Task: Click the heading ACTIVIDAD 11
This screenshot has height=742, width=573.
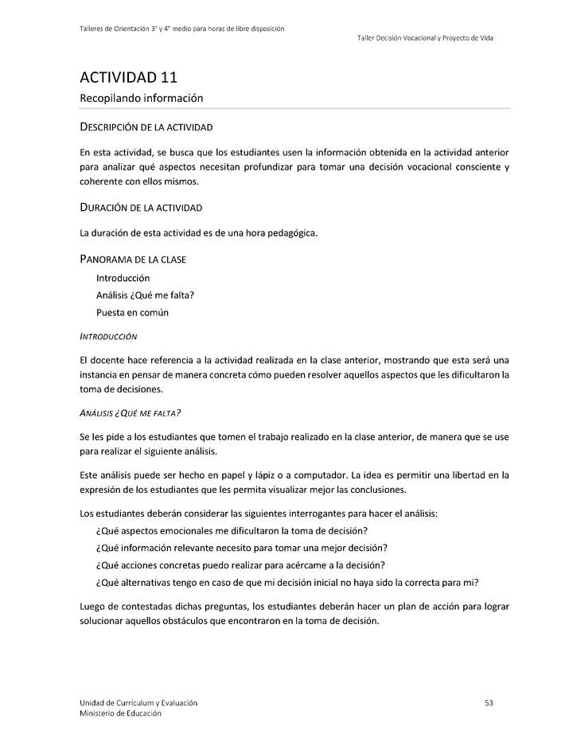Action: click(x=128, y=77)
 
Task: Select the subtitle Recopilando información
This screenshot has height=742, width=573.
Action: click(x=141, y=98)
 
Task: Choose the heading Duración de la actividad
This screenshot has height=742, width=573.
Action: click(x=141, y=208)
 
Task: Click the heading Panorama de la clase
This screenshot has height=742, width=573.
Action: click(x=133, y=260)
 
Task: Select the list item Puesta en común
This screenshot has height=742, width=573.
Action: click(x=132, y=312)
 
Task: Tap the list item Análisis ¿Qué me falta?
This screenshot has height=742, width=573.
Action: click(x=145, y=295)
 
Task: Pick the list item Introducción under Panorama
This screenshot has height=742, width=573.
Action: click(x=123, y=278)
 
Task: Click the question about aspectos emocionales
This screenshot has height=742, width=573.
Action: click(x=231, y=530)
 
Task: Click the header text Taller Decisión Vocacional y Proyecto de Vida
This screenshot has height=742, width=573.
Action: click(x=425, y=38)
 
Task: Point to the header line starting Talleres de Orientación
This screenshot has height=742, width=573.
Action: click(x=182, y=29)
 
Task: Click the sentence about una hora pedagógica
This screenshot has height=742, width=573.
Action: click(x=198, y=233)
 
